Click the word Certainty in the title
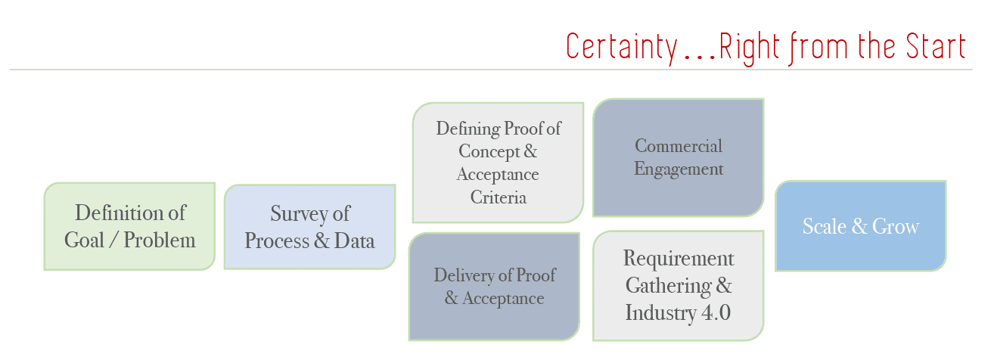[x=621, y=47]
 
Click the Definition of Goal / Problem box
[x=129, y=226]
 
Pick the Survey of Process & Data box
[x=309, y=226]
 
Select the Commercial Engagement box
[x=679, y=157]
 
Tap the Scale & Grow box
[x=860, y=226]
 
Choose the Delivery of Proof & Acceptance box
[x=494, y=287]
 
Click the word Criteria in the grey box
[x=499, y=198]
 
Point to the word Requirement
[x=679, y=259]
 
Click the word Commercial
[x=679, y=146]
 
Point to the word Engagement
[x=679, y=169]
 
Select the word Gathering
[x=669, y=286]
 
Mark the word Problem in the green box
[x=160, y=241]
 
